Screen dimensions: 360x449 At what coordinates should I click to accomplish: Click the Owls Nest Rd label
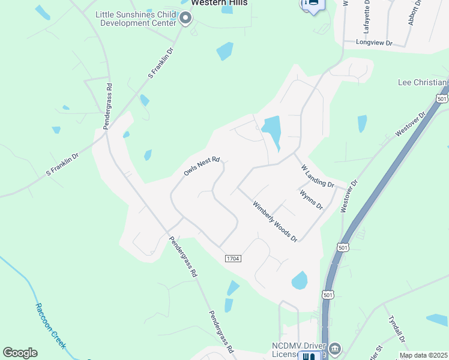click(202, 167)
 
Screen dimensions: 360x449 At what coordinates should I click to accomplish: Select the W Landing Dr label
click(317, 175)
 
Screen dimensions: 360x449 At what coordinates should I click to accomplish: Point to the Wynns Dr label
click(312, 199)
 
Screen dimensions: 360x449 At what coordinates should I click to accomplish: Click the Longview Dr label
click(373, 43)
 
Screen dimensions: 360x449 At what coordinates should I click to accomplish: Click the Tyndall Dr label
click(397, 329)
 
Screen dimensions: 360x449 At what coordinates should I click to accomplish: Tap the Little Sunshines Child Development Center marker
click(185, 19)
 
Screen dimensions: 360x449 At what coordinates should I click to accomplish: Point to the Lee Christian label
click(423, 82)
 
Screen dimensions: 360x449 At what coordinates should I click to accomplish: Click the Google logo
click(20, 353)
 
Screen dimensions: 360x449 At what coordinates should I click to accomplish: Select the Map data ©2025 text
click(423, 355)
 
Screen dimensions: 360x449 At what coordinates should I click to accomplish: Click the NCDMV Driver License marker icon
click(335, 349)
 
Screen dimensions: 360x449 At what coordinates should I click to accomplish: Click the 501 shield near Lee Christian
click(442, 98)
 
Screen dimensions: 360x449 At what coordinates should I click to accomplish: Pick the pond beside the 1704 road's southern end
click(299, 280)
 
